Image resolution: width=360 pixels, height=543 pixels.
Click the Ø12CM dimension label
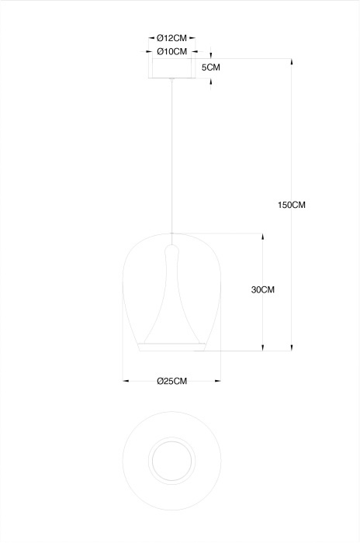(x=171, y=38)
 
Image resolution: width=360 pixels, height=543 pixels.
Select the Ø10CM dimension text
(x=172, y=52)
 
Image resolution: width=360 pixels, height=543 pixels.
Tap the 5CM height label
(x=211, y=67)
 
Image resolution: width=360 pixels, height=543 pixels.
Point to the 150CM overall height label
(x=292, y=205)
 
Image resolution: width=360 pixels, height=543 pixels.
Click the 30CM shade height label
(x=263, y=289)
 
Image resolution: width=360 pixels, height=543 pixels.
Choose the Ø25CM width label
(x=172, y=381)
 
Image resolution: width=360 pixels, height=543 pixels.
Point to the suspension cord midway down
(x=171, y=156)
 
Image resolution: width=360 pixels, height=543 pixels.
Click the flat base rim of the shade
(x=172, y=347)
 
